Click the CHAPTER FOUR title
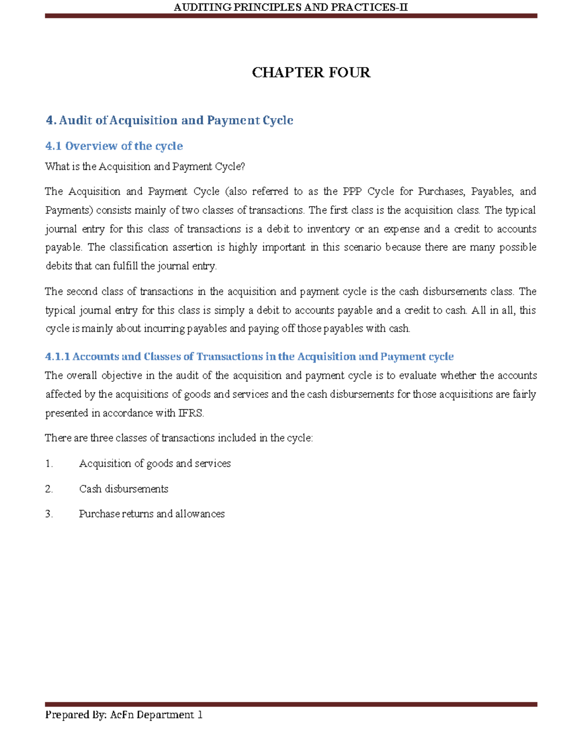[x=311, y=72]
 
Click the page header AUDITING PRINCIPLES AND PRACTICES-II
[x=290, y=7]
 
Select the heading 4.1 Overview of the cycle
[x=114, y=146]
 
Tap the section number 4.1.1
[x=58, y=357]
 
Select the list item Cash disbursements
[x=124, y=489]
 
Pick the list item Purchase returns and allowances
[x=152, y=514]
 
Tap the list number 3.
[x=49, y=514]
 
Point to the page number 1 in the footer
[x=200, y=715]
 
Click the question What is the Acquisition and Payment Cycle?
[x=145, y=167]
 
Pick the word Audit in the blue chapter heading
[x=76, y=120]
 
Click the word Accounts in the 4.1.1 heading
[x=95, y=357]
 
